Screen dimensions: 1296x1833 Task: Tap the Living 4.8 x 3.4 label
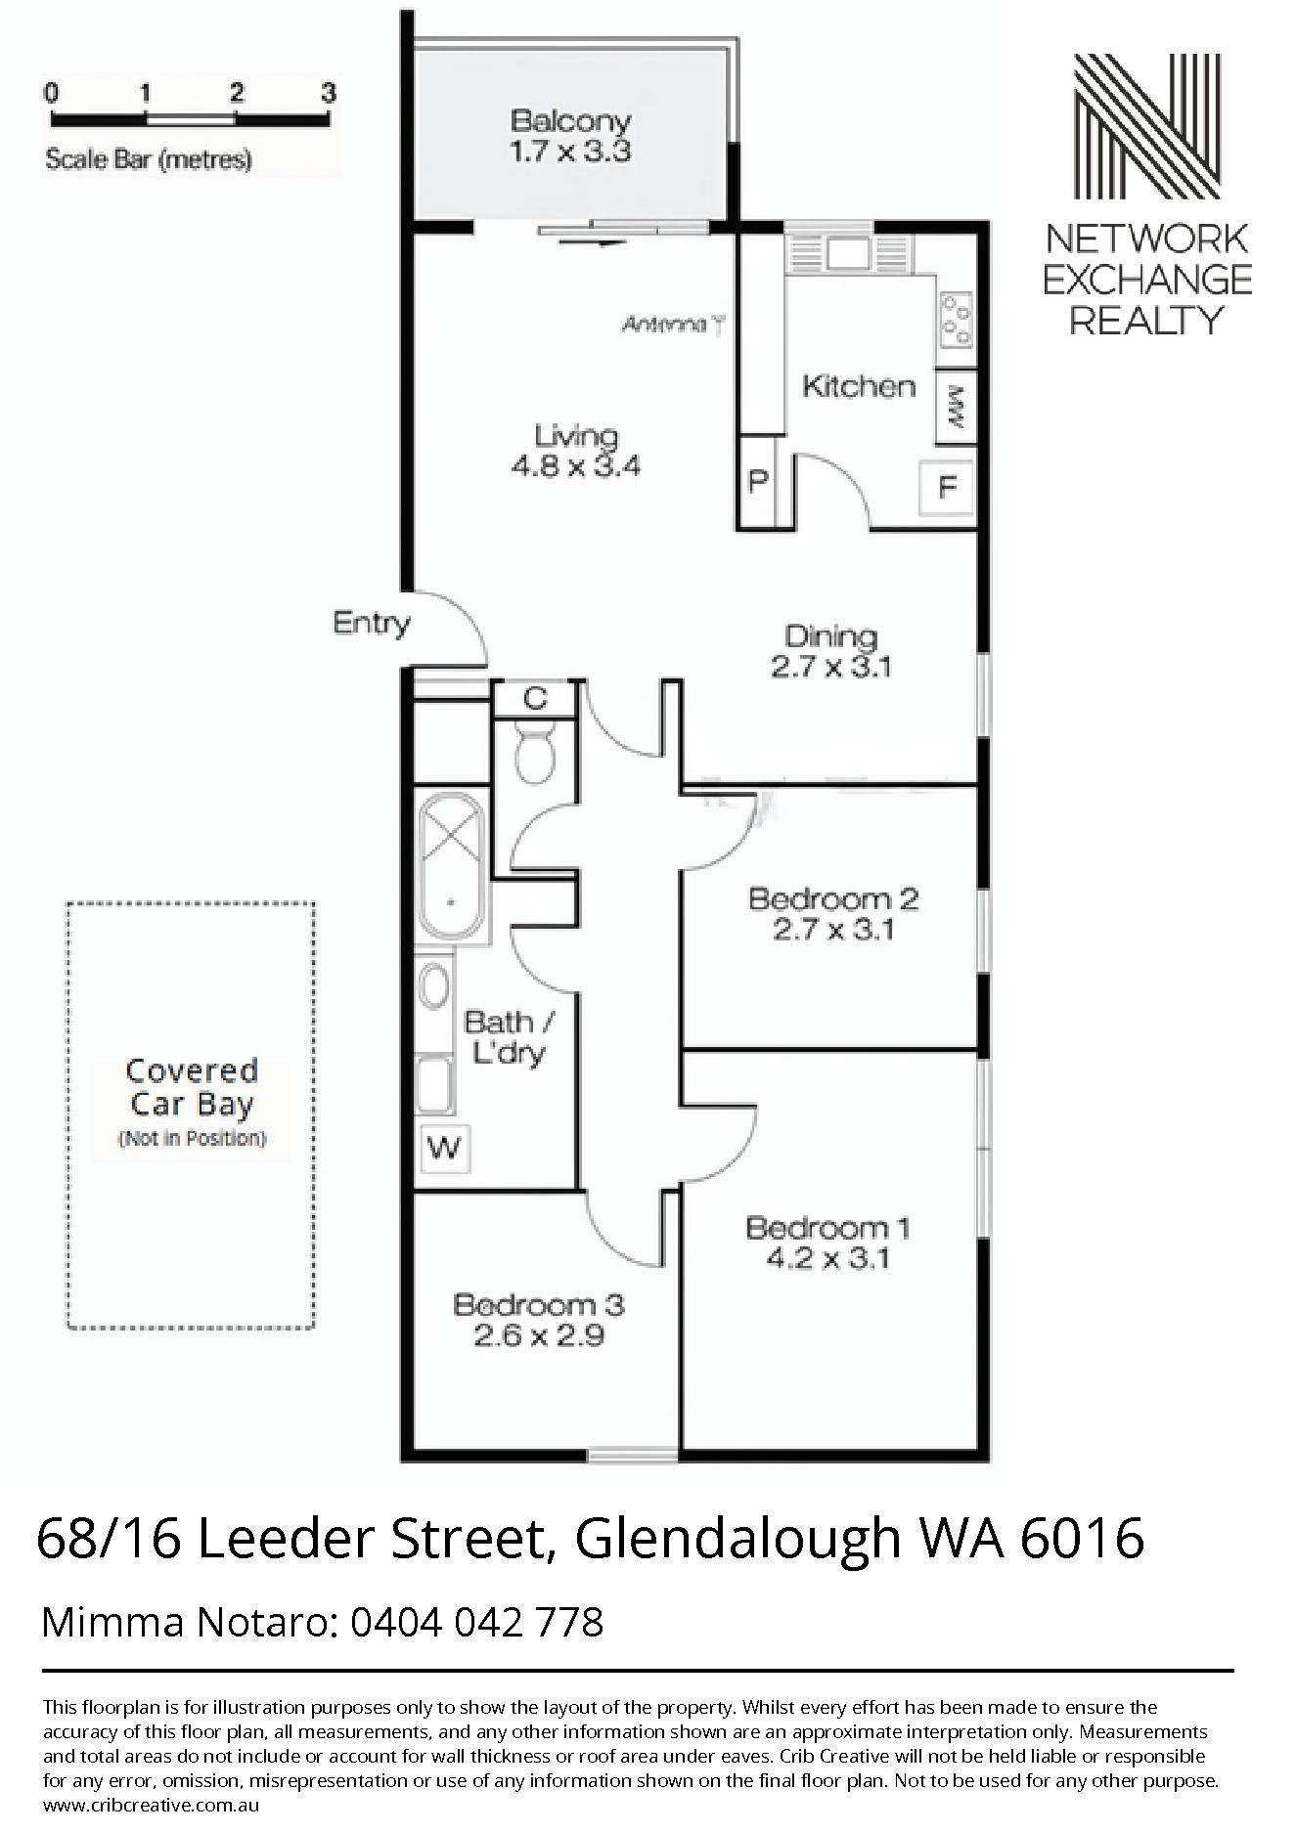576,451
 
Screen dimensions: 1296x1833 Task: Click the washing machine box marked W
446,1148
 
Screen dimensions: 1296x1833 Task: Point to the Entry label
371,623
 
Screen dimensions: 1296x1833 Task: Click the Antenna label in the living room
664,325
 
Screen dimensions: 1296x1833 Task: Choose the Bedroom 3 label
539,1304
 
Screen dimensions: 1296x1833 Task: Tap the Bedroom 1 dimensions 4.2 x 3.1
827,1258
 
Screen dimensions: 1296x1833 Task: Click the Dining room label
831,636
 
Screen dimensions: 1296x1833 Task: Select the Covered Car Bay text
192,1087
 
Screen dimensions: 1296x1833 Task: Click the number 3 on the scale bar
329,93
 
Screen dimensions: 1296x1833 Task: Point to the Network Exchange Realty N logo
1147,126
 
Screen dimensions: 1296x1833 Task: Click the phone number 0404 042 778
476,1623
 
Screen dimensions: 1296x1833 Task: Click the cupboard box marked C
535,699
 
